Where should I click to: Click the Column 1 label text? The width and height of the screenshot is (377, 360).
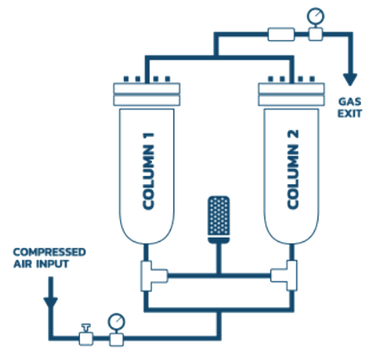(x=148, y=171)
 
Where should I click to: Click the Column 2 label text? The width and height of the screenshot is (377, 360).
(x=293, y=169)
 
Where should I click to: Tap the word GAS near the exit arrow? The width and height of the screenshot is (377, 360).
(x=350, y=102)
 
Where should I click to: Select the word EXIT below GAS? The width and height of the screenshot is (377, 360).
(x=350, y=113)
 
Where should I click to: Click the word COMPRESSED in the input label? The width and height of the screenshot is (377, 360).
(x=50, y=252)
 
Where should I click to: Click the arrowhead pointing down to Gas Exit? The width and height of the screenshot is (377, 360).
(x=350, y=80)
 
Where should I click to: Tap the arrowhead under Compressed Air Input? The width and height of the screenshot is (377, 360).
(x=51, y=303)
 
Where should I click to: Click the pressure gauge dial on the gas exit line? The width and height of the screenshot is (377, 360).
(x=316, y=17)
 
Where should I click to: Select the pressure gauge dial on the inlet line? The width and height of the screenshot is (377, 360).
(x=116, y=322)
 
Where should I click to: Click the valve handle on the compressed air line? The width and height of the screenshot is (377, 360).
(x=86, y=328)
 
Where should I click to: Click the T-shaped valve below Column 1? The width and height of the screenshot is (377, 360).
(x=153, y=276)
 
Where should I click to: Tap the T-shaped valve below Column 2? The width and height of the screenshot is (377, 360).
(x=284, y=275)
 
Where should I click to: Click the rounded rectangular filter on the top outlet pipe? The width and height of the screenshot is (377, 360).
(x=281, y=34)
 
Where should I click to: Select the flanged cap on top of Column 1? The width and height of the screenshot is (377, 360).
(x=147, y=94)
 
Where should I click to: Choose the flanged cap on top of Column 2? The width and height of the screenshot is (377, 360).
(x=292, y=94)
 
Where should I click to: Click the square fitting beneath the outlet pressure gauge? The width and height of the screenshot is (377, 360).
(x=316, y=34)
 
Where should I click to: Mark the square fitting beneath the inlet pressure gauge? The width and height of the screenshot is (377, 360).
(x=116, y=340)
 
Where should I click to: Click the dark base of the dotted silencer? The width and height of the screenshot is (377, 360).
(x=218, y=240)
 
